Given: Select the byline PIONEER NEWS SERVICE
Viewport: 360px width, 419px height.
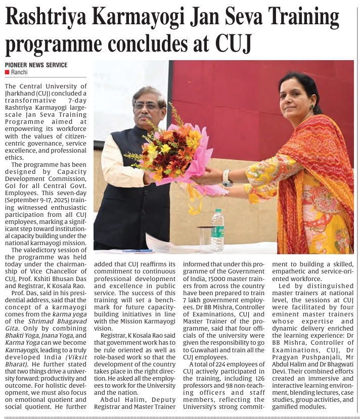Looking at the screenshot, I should [36, 65].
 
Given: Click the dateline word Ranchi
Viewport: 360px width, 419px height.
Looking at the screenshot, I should [20, 72].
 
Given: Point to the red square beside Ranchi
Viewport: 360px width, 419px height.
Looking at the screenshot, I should [7, 72].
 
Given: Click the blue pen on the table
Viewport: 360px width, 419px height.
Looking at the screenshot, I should [137, 250].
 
